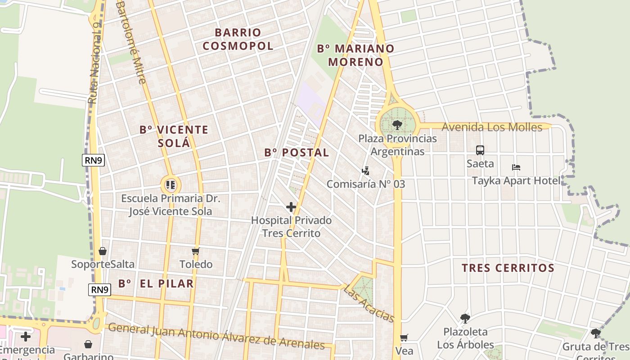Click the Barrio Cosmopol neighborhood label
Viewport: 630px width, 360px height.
pos(238,39)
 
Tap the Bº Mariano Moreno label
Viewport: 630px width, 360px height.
pos(355,55)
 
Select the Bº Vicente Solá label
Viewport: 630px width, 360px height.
pos(174,136)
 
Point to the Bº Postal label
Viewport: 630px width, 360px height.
pos(297,153)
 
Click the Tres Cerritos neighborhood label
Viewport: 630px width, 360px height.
pos(508,268)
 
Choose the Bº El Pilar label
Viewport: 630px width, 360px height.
pos(156,283)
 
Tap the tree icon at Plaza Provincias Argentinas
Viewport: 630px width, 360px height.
pos(397,125)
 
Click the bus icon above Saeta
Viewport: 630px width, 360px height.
pos(480,150)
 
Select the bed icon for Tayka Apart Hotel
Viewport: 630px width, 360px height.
pos(516,168)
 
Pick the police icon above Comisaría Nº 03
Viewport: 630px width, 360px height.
pos(365,171)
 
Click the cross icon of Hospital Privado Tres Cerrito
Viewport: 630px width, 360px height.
pos(291,207)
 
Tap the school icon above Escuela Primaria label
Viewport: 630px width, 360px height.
pos(171,184)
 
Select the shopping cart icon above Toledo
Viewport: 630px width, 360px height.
pos(195,251)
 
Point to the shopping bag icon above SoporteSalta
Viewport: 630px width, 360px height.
pos(103,251)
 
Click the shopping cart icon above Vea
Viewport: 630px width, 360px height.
pos(404,337)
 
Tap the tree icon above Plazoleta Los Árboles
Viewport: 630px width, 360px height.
pos(465,319)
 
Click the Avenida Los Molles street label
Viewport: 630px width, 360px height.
pos(492,127)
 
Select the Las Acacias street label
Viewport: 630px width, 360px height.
pos(369,304)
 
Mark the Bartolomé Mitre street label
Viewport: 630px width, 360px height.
pos(131,43)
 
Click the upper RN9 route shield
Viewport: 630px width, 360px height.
pos(93,160)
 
